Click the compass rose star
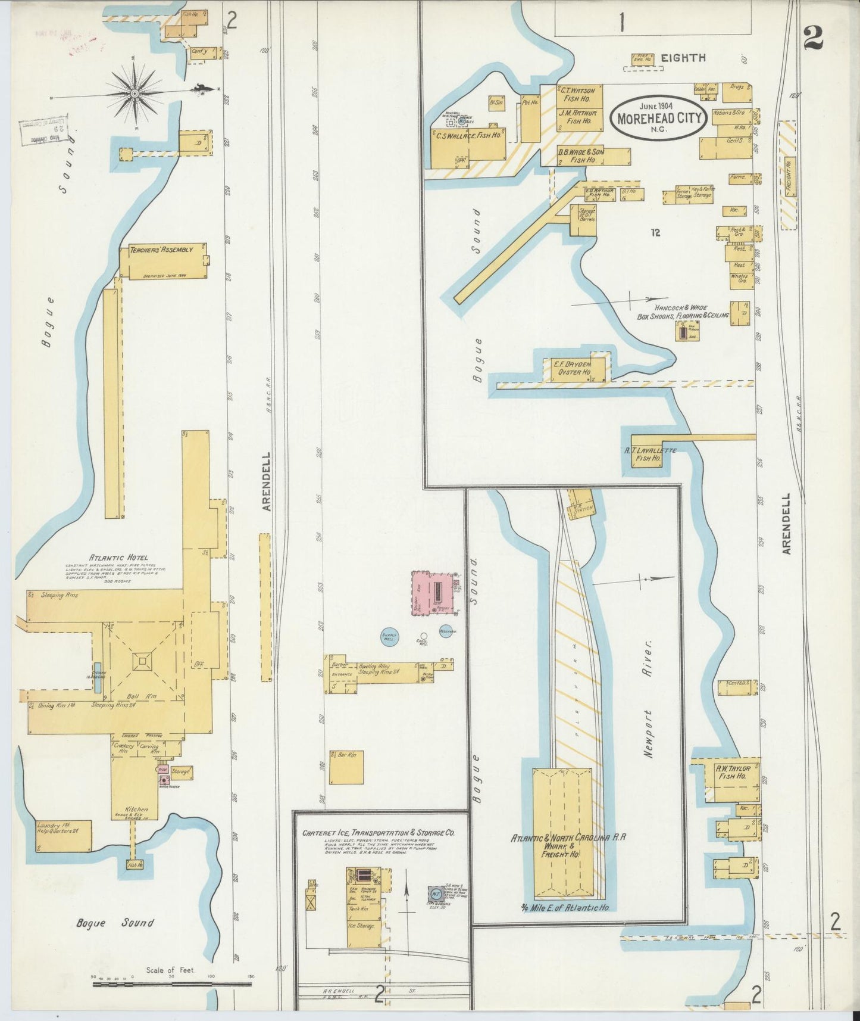(136, 93)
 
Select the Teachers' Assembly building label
(161, 250)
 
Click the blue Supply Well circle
(389, 636)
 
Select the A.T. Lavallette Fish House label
(650, 455)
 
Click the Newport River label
(649, 697)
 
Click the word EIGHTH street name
(683, 58)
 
